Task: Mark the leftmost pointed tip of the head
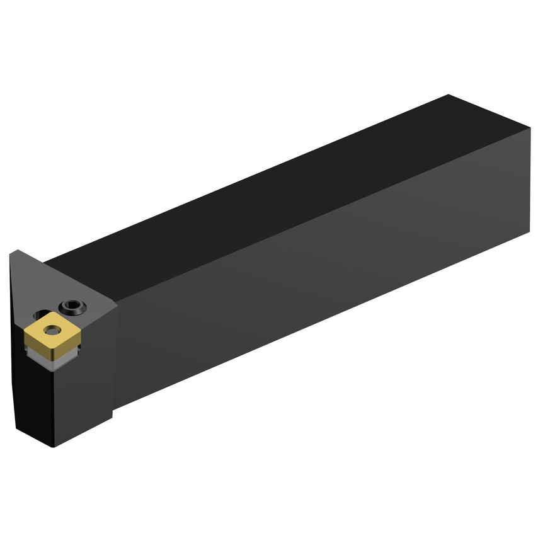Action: pyautogui.click(x=11, y=252)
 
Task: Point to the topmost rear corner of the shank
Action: pyautogui.click(x=449, y=95)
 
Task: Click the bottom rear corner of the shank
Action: pyautogui.click(x=529, y=232)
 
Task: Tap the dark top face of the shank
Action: pyautogui.click(x=283, y=189)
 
